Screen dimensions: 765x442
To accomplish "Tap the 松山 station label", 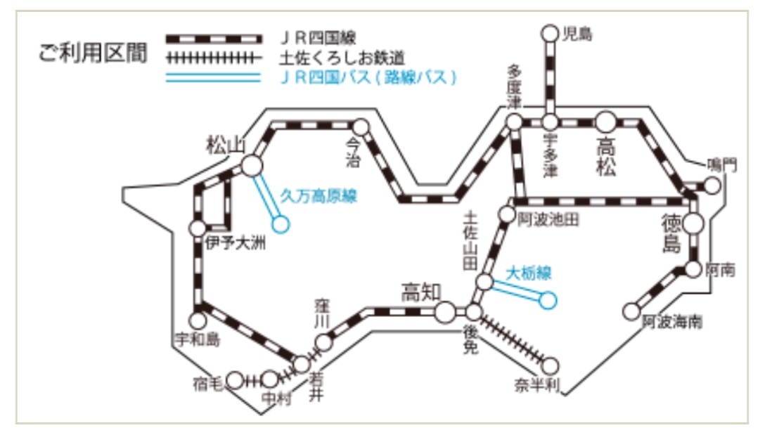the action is click(224, 145).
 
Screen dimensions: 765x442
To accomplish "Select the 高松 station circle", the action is click(606, 122).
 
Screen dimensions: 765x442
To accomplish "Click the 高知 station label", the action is click(421, 292).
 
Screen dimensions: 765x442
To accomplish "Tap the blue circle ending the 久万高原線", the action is click(281, 224).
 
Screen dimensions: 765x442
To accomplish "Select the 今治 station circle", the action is click(361, 127).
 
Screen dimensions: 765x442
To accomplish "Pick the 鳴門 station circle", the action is click(712, 186).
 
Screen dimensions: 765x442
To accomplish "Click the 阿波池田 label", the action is click(548, 220).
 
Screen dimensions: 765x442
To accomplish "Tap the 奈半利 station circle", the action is click(551, 365).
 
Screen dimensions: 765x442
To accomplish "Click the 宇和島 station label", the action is click(197, 341).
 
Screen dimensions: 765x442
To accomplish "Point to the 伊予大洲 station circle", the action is click(198, 228).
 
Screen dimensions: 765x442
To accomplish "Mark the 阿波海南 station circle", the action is click(632, 310).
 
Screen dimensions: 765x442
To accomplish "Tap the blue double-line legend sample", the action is click(212, 77).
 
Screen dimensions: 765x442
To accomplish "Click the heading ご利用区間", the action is click(93, 56).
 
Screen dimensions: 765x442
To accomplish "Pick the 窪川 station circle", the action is click(323, 342).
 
